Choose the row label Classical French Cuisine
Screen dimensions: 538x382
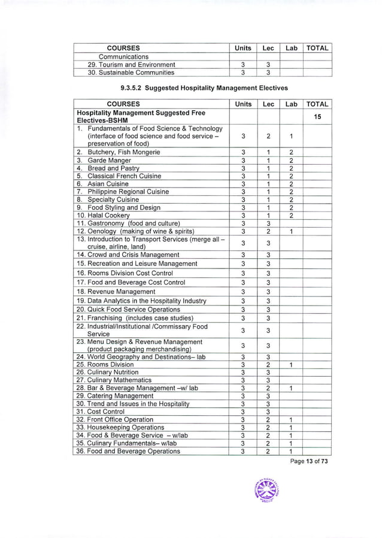(x=122, y=176)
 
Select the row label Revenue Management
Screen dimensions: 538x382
(x=116, y=292)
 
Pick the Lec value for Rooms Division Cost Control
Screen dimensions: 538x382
(x=268, y=273)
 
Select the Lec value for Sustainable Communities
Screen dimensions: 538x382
(x=268, y=72)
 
